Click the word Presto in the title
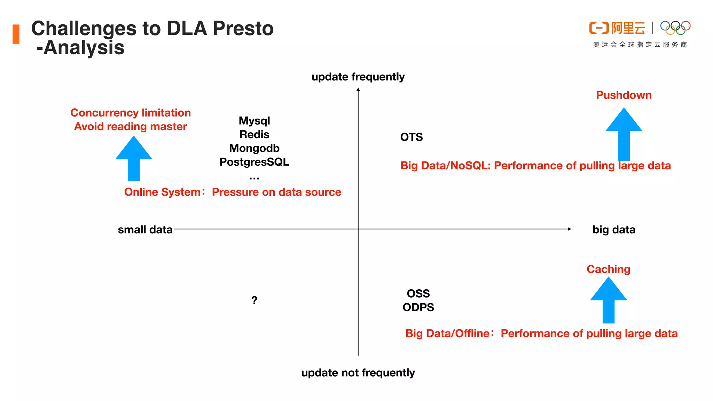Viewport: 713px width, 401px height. point(243,29)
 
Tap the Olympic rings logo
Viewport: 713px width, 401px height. point(675,28)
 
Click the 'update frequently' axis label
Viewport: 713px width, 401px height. point(358,77)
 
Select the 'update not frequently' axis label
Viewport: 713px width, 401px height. point(358,373)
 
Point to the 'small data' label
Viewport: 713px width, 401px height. point(145,230)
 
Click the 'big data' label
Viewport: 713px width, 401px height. point(614,230)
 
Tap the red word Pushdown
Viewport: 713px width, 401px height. point(624,95)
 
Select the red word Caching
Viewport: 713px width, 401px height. point(608,269)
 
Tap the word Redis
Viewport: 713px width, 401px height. point(254,135)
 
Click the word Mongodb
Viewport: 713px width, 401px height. point(254,148)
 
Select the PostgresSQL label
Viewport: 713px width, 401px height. point(254,162)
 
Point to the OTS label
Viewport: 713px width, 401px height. point(411,137)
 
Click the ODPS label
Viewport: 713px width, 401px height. point(418,307)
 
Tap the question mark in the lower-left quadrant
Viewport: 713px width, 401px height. point(254,300)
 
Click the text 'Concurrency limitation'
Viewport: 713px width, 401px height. point(131,113)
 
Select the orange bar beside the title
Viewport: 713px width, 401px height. point(16,34)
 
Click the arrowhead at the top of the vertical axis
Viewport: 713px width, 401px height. point(358,90)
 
